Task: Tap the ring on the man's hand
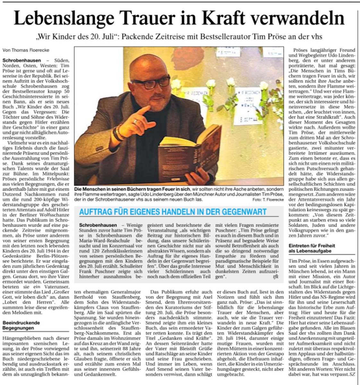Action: point(136,122)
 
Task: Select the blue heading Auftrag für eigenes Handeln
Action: point(173,212)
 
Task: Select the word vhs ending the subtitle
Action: point(315,37)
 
